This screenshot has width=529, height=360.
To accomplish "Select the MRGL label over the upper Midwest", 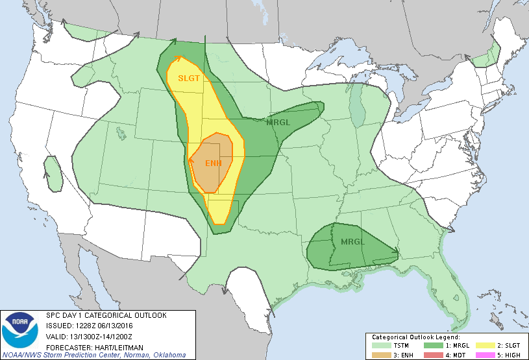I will [278, 122].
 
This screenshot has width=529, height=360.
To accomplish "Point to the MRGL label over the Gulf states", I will [353, 241].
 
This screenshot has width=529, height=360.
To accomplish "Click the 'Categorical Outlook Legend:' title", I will [415, 337].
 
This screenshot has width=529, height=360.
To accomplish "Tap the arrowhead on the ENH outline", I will [192, 158].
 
